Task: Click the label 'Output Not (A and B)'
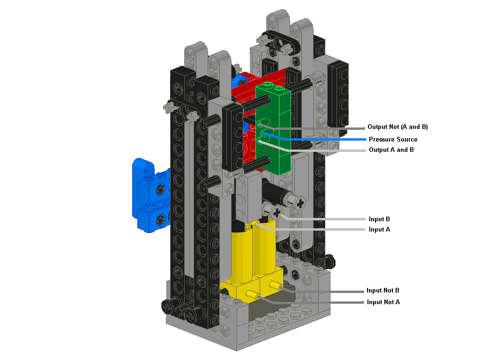398,127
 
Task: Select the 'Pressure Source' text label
393,139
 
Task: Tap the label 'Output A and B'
391,150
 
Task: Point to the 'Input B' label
379,219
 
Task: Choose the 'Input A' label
379,229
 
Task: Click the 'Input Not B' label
383,291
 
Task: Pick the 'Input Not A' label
383,302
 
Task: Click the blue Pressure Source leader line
328,139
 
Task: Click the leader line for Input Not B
328,291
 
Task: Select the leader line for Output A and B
328,150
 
